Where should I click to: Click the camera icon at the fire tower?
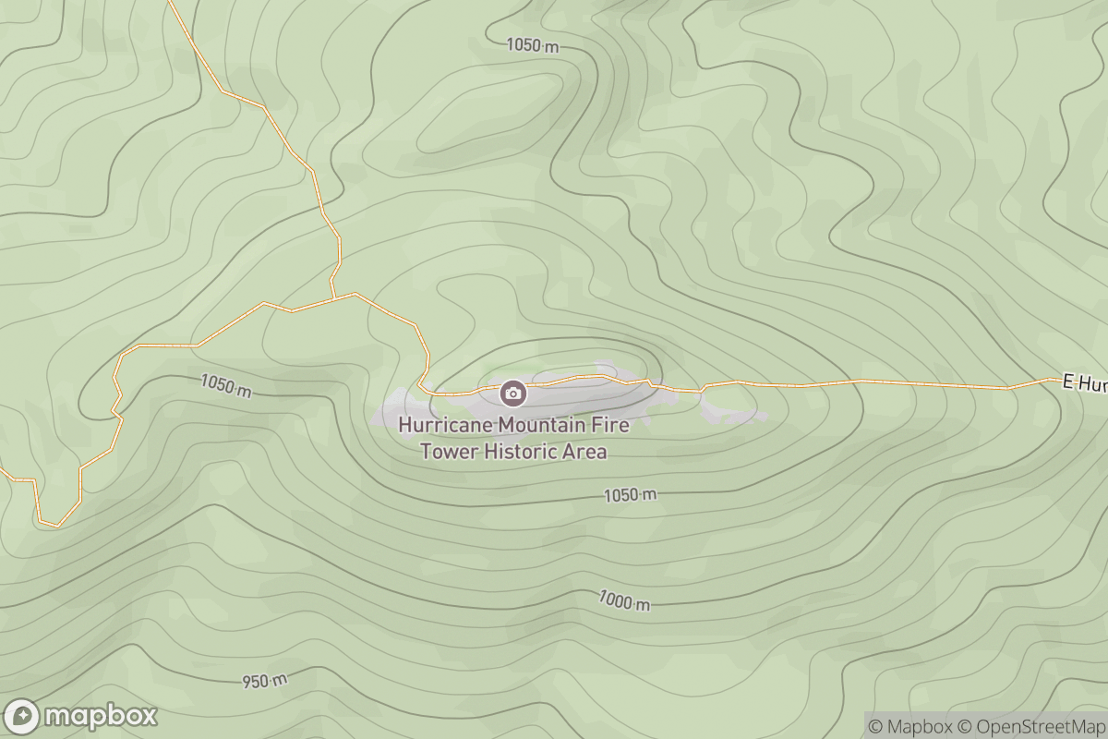[512, 394]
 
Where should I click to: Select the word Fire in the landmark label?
[612, 426]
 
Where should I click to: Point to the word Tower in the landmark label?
[446, 452]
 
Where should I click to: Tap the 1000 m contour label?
[624, 601]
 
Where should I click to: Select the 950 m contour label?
[265, 682]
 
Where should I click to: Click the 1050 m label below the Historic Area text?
[631, 496]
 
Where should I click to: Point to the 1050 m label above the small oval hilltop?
[532, 44]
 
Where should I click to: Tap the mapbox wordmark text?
[101, 716]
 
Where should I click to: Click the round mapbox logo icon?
[22, 717]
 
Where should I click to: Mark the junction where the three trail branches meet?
[332, 298]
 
